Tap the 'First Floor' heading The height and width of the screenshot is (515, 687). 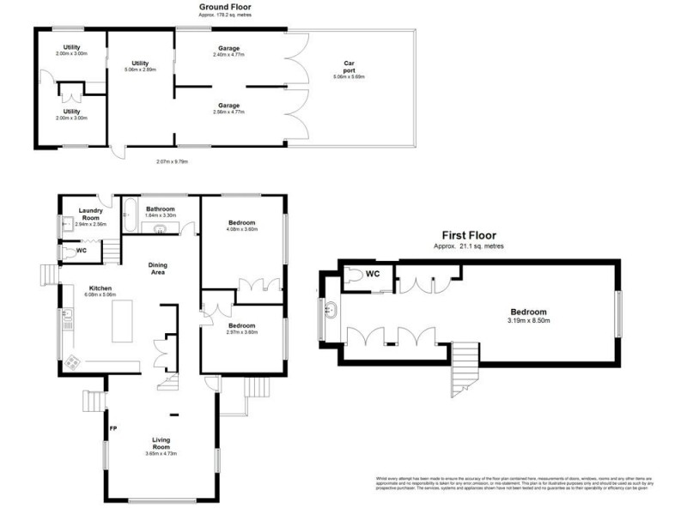[x=469, y=235]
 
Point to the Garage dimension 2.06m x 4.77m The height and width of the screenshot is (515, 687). [x=228, y=112]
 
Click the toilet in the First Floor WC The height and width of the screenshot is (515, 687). [x=356, y=276]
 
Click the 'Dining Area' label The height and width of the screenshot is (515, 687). [x=158, y=268]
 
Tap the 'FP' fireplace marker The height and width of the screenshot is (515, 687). [x=112, y=427]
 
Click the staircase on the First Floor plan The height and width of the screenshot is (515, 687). [x=465, y=362]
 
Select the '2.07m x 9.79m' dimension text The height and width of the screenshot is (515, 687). [x=172, y=161]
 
